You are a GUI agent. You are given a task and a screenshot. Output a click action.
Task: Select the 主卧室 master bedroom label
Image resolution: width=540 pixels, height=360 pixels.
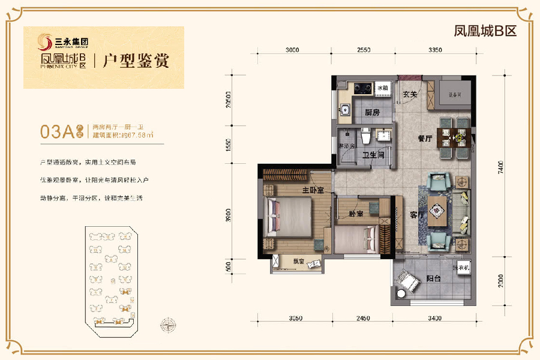click(313, 191)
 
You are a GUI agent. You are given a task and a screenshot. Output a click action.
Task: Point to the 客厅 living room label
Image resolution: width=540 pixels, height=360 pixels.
click(417, 215)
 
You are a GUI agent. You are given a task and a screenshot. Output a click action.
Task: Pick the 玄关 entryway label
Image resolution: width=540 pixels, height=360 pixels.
click(410, 94)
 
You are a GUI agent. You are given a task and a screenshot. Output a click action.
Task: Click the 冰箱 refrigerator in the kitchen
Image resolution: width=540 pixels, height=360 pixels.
click(382, 88)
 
